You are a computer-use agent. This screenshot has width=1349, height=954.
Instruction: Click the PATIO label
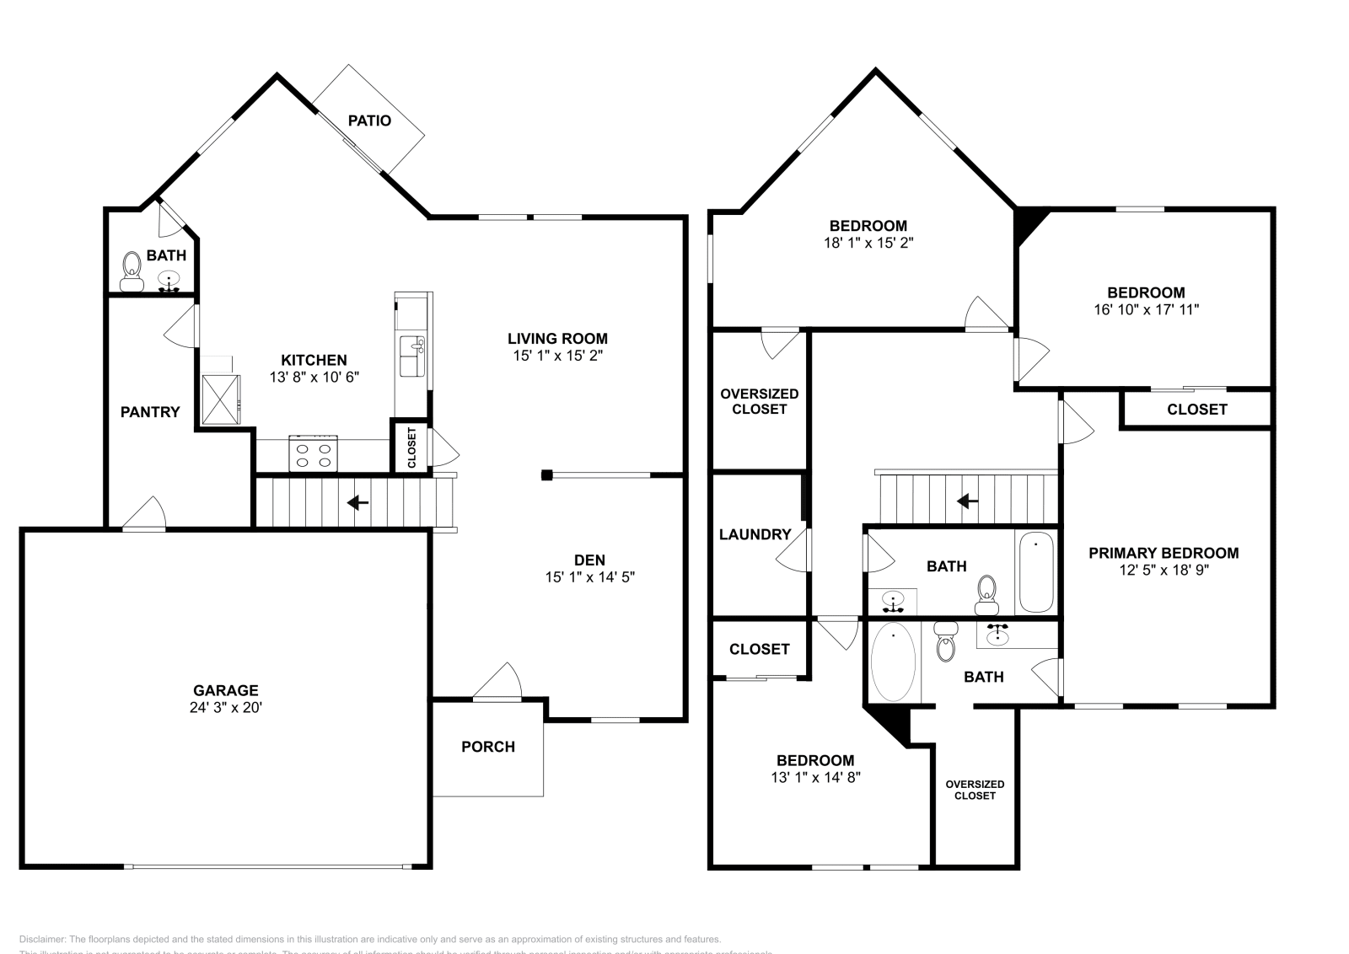369,121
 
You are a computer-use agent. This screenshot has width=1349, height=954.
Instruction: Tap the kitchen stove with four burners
314,453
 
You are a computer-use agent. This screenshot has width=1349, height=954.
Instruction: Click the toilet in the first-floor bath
132,271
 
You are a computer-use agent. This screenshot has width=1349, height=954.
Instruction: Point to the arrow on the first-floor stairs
357,503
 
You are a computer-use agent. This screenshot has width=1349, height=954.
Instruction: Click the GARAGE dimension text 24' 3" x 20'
225,707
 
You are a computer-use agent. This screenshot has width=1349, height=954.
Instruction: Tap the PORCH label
487,747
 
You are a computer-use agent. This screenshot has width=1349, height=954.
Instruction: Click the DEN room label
589,560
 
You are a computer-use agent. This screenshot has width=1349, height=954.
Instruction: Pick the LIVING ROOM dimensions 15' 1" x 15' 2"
557,356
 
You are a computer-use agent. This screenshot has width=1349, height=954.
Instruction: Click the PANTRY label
150,412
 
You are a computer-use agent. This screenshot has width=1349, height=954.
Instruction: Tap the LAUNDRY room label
755,534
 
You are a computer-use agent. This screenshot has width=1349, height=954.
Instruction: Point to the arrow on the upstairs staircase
967,502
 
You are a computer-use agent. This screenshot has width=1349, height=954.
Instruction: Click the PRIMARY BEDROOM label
1163,553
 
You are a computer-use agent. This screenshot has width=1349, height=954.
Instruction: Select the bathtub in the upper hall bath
1036,572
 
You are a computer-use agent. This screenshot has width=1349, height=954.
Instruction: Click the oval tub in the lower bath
892,662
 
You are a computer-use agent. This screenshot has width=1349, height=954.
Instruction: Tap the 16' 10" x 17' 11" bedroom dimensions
1146,309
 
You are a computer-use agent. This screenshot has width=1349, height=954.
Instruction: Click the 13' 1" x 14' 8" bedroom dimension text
815,777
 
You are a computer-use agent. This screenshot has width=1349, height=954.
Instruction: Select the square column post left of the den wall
546,475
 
